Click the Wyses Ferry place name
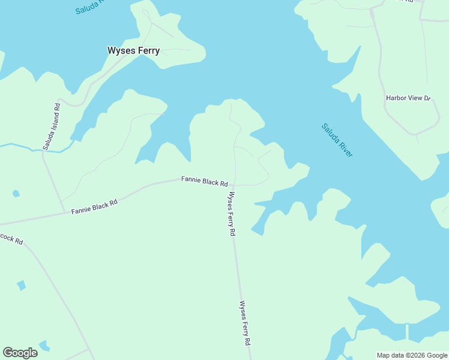(x=133, y=50)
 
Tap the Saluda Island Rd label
(x=52, y=127)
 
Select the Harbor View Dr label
(x=408, y=98)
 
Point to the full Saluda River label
(x=337, y=140)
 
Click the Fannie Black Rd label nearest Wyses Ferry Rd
(x=205, y=181)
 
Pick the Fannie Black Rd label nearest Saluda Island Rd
(x=94, y=207)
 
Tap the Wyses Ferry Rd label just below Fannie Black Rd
(x=230, y=214)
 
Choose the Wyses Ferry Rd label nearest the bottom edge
(x=244, y=323)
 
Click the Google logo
(x=20, y=353)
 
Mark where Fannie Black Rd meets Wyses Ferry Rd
(x=234, y=185)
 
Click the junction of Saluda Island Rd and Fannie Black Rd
(x=65, y=212)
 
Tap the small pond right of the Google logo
(x=44, y=346)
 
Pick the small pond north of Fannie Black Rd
(x=16, y=194)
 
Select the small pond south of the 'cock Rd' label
(x=22, y=285)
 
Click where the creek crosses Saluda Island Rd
(x=43, y=151)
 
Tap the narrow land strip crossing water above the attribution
(x=407, y=331)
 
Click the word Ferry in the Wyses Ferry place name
(x=146, y=50)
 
